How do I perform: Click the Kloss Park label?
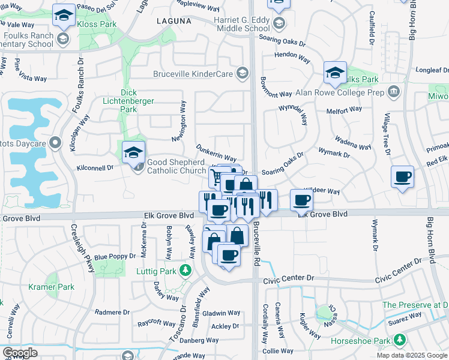coord(97,25)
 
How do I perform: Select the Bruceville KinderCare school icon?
coord(242,74)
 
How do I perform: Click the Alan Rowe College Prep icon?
coord(394,92)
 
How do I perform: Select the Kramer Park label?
coord(52,287)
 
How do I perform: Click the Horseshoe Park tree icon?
coord(399,340)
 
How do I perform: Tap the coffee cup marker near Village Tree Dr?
coord(402,177)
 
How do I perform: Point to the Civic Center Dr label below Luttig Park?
coord(288,279)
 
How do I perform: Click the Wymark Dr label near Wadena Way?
coord(334,154)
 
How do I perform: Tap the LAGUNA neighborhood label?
coord(175,20)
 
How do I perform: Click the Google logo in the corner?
coord(20,352)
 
